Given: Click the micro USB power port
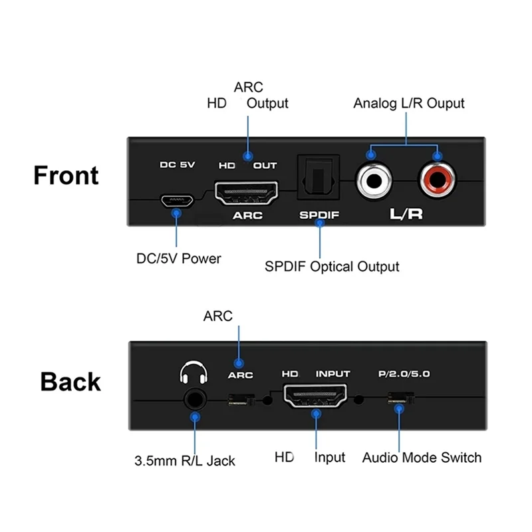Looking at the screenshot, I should click(177, 199).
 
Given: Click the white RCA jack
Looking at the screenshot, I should click(374, 180).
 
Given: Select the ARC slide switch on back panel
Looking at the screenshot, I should click(241, 400).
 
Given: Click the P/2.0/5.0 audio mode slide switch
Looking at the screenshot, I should click(401, 400).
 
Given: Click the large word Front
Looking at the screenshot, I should click(66, 176).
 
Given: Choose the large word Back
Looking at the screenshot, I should click(70, 382).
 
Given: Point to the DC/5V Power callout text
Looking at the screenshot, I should click(178, 258).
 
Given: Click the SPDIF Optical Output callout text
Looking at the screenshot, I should click(332, 267).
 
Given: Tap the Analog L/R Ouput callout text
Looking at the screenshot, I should click(409, 104).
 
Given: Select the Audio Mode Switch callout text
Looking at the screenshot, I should click(422, 458).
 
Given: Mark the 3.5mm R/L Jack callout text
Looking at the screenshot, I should click(184, 460).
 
